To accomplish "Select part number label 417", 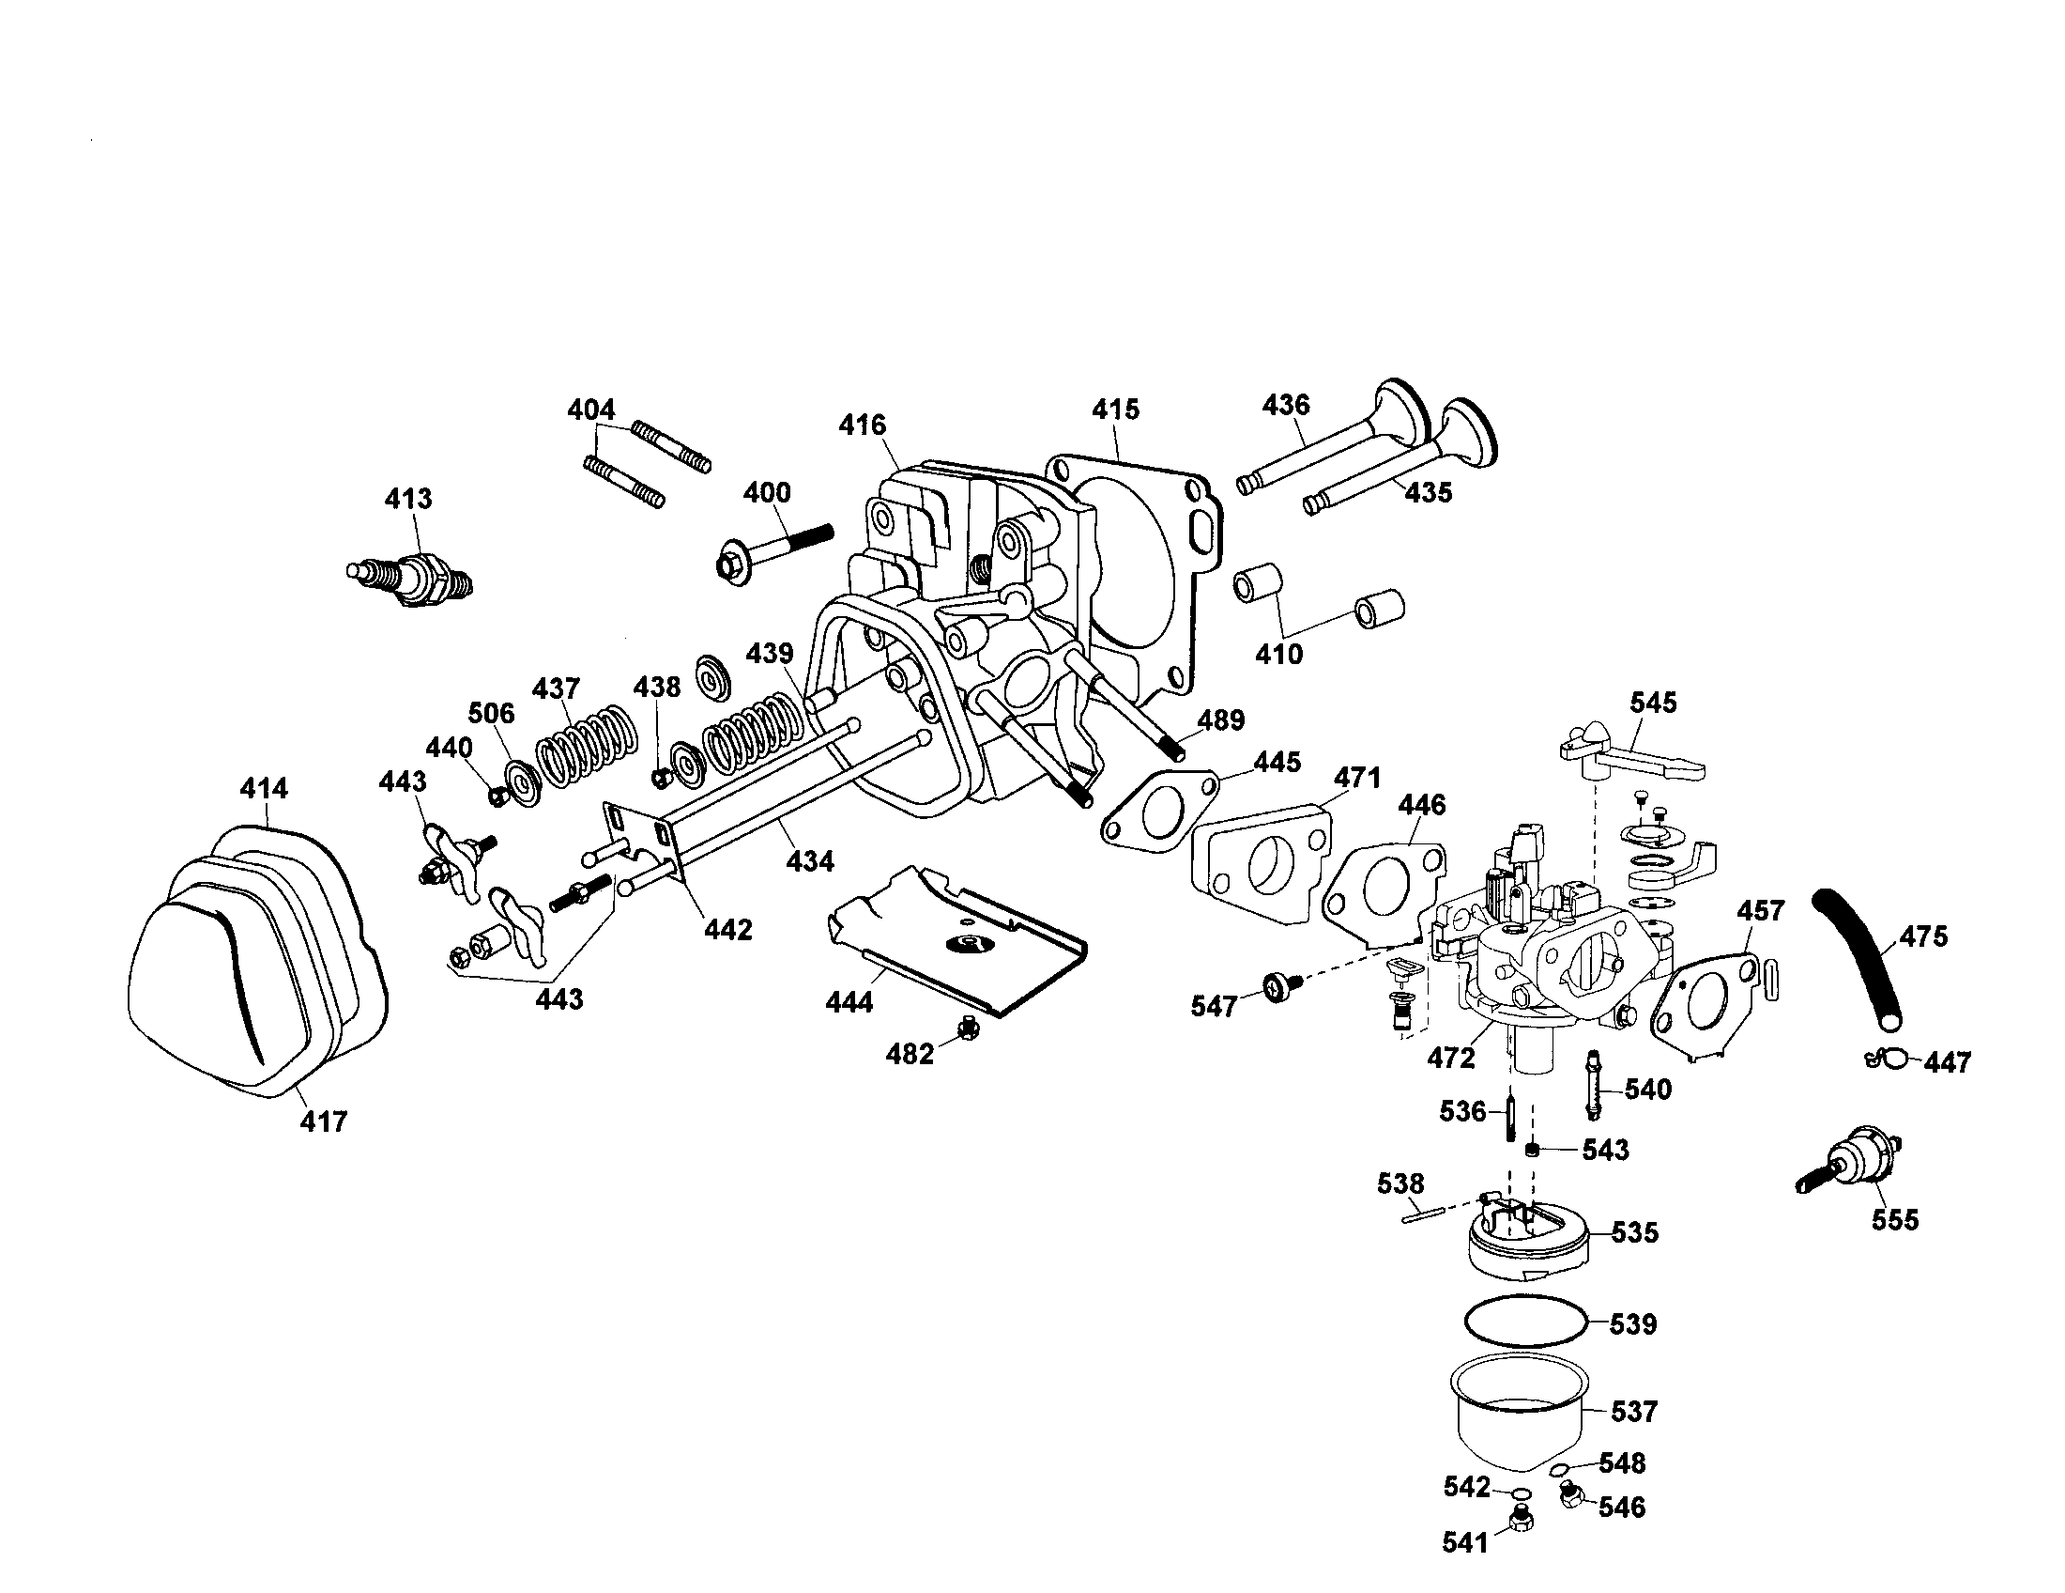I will [324, 1121].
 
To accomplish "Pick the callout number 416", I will [863, 425].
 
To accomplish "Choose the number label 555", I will [1895, 1220].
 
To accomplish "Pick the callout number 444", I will [849, 1001].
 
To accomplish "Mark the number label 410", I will [1278, 653].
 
